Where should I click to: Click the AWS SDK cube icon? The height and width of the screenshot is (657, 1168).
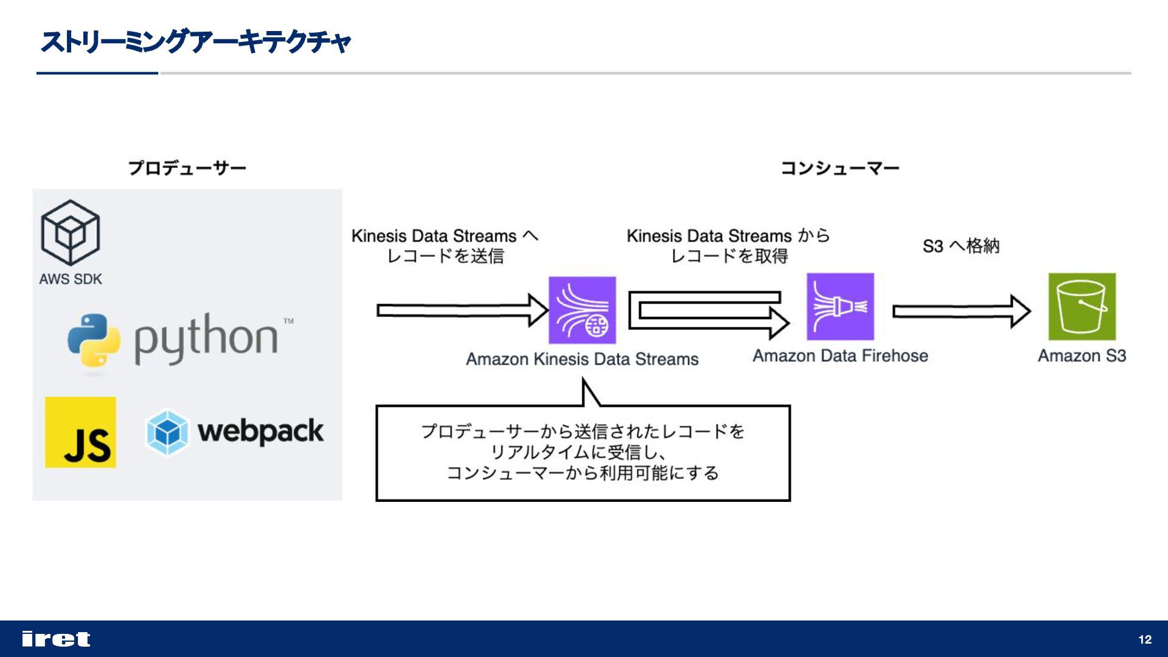pos(71,233)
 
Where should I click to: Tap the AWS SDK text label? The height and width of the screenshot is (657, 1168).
pos(71,279)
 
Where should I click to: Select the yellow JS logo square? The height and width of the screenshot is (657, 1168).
pos(80,433)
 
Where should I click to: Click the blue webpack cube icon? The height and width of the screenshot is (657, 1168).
pos(167,432)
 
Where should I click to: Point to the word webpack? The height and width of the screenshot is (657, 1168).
pos(260,432)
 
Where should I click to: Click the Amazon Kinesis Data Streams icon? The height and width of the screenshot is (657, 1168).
pos(582,310)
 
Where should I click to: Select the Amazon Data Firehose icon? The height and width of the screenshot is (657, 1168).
pos(840,307)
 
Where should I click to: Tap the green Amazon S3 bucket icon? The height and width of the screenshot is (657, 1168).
pos(1082,307)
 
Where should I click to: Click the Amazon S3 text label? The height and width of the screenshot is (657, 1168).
pos(1082,356)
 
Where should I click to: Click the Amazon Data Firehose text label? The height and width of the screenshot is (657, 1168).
pos(840,356)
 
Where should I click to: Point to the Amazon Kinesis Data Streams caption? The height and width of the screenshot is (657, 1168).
pos(582,360)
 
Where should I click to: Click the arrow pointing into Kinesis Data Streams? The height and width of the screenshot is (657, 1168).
pos(462,310)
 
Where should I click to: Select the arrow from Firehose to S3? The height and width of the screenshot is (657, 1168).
pos(961,311)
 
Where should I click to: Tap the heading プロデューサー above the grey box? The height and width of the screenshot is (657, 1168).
pos(187,168)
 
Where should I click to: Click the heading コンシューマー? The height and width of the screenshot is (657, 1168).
pos(839,168)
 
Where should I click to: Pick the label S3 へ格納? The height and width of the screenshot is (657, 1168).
pos(961,246)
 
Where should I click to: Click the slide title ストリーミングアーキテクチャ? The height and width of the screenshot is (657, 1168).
pos(195,42)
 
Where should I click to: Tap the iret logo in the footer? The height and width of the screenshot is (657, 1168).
pos(56,639)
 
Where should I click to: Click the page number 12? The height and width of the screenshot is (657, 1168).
pos(1145,639)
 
